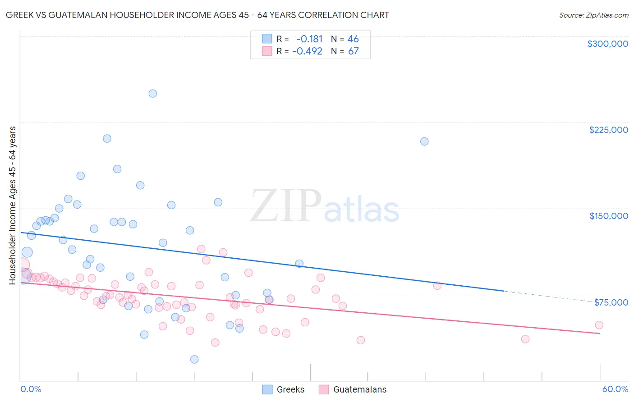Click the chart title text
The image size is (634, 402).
pyautogui.click(x=198, y=15)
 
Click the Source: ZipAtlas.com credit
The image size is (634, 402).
pyautogui.click(x=593, y=15)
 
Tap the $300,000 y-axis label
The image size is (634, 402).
pyautogui.click(x=607, y=44)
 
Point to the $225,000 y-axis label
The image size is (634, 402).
pyautogui.click(x=608, y=130)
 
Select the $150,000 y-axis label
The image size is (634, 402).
pyautogui.click(x=608, y=216)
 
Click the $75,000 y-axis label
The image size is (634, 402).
pyautogui.click(x=611, y=302)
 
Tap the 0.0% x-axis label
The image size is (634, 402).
pyautogui.click(x=31, y=389)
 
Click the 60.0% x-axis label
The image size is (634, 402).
pyautogui.click(x=615, y=389)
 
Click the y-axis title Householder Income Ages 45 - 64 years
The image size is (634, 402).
pyautogui.click(x=13, y=206)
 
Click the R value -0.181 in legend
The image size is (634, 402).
pyautogui.click(x=309, y=39)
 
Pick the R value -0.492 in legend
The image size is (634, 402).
pyautogui.click(x=307, y=51)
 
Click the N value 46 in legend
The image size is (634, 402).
pyautogui.click(x=353, y=39)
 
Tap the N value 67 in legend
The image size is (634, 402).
pyautogui.click(x=353, y=51)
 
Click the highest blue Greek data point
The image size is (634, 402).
pyautogui.click(x=153, y=94)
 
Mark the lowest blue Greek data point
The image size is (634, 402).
pyautogui.click(x=194, y=359)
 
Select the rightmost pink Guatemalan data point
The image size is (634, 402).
pyautogui.click(x=599, y=325)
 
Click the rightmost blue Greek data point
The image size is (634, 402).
pyautogui.click(x=424, y=142)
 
